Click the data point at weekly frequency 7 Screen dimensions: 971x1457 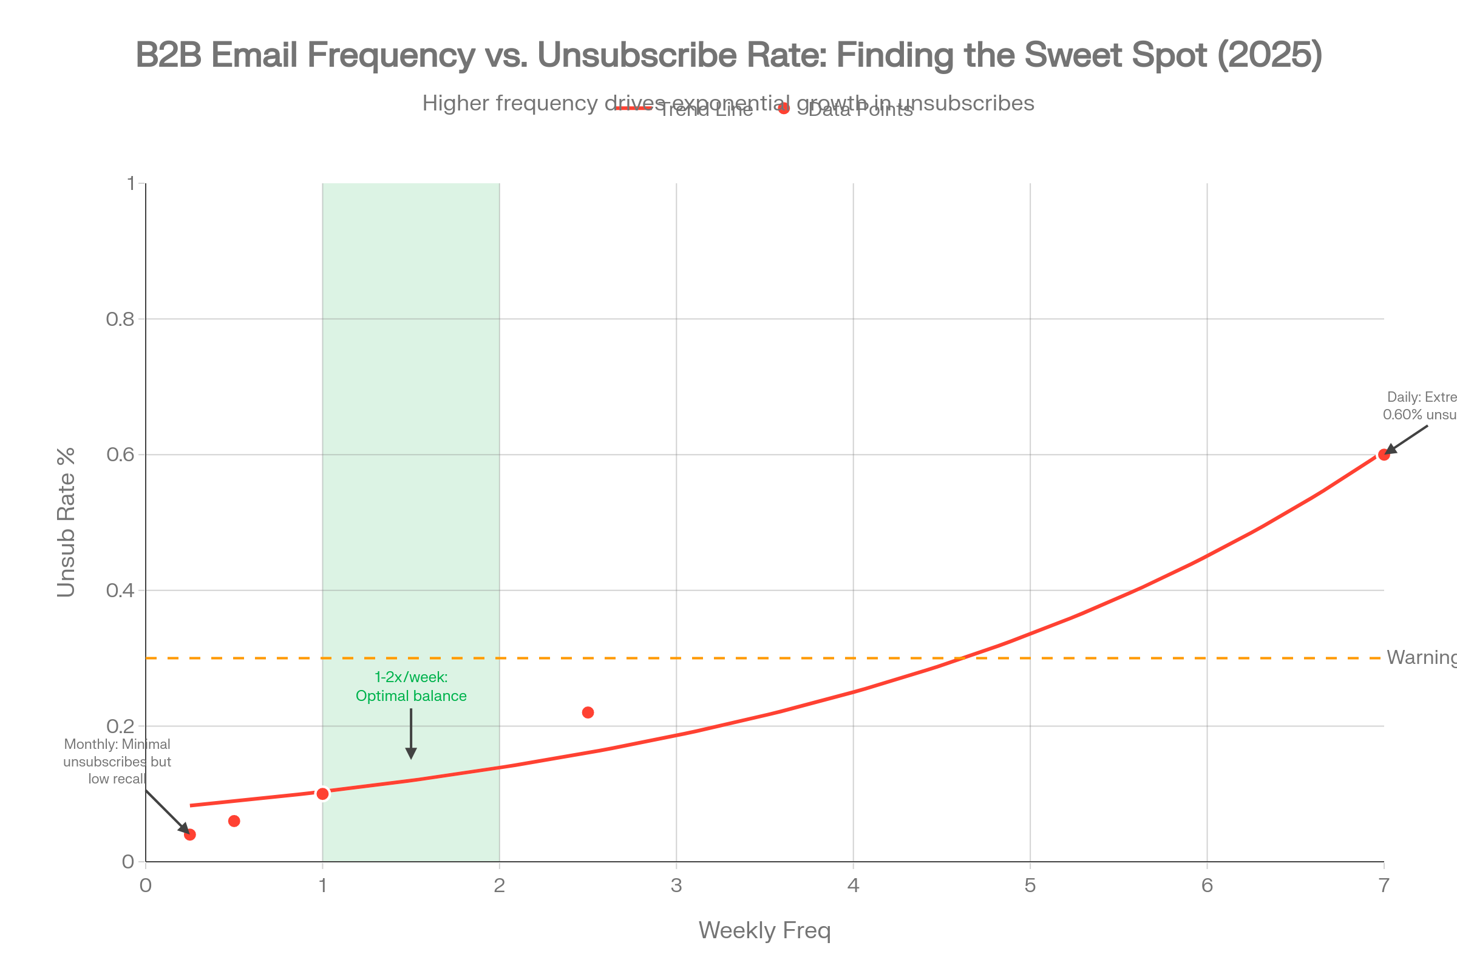click(x=1384, y=455)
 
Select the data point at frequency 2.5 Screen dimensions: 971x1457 click(x=588, y=712)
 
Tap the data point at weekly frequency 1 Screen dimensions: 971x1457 click(x=322, y=793)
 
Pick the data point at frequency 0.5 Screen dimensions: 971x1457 click(x=234, y=821)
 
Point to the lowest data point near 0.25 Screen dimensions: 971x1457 click(x=189, y=835)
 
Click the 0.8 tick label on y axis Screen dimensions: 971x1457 click(x=120, y=320)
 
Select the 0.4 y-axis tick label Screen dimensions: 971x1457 click(x=120, y=590)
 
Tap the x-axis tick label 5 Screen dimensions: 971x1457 click(x=1030, y=886)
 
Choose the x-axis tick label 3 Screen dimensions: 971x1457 click(x=676, y=886)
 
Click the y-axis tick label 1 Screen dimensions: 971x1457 click(x=131, y=183)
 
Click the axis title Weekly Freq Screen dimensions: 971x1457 click(x=764, y=931)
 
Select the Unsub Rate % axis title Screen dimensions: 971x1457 click(x=66, y=523)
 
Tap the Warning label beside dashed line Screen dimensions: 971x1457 click(x=1421, y=657)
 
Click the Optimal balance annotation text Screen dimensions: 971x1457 click(x=411, y=696)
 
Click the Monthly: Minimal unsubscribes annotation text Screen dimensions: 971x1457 click(x=117, y=762)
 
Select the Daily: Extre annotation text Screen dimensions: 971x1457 click(x=1420, y=405)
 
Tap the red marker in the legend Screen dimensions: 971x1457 click(x=784, y=109)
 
